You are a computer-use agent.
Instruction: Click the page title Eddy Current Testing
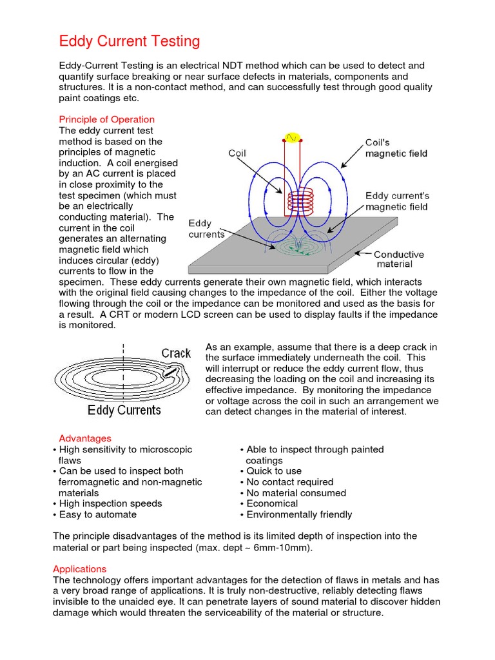point(130,42)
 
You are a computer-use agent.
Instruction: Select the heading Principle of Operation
point(107,119)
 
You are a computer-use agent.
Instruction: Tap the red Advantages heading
point(85,438)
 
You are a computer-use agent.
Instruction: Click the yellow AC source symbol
point(292,137)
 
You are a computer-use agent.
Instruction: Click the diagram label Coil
point(237,153)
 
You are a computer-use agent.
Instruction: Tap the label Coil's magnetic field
point(396,148)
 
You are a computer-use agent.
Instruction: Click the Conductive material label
point(400,259)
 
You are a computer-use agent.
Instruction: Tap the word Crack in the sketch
point(176,353)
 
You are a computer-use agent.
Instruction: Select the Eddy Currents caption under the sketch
point(124,410)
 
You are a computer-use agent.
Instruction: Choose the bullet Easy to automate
point(98,514)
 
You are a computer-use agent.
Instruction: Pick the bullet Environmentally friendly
point(299,514)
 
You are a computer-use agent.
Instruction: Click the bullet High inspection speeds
point(111,503)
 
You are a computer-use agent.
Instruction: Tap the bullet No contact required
point(290,482)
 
